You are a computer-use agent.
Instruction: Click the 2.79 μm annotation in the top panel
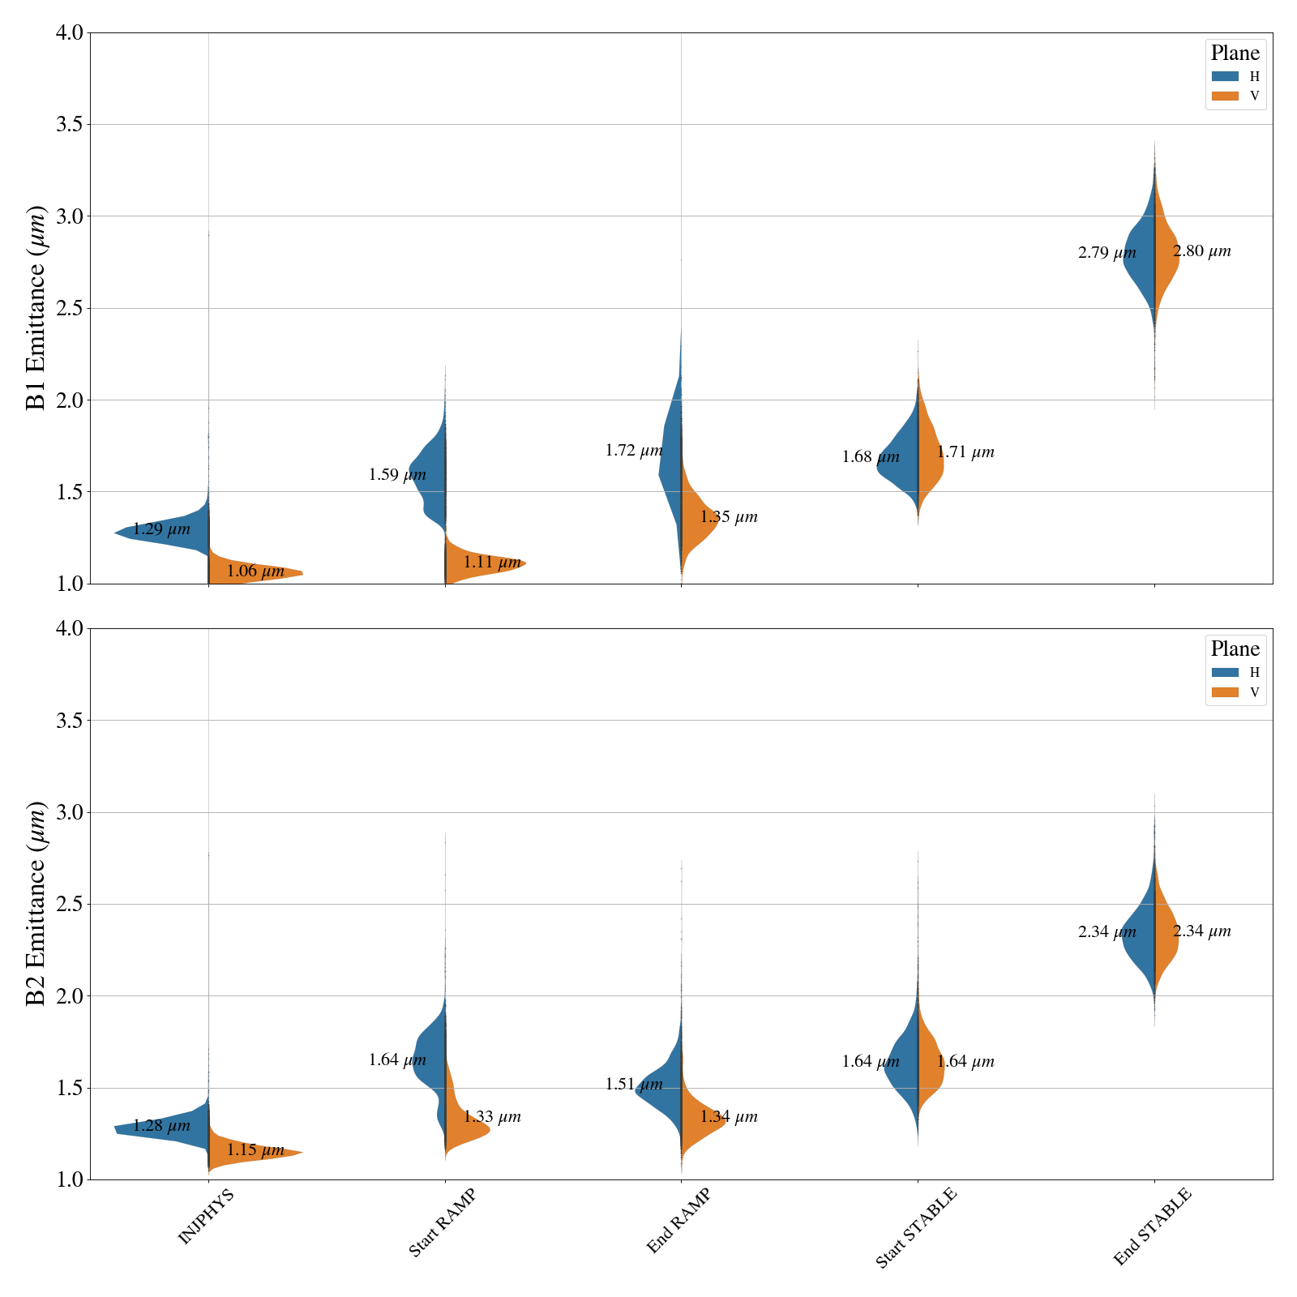point(1107,253)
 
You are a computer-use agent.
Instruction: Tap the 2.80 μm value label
point(1201,251)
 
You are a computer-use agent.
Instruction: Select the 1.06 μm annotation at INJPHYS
point(255,571)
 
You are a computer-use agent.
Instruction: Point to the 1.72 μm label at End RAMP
point(634,451)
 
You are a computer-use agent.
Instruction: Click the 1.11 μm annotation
point(491,562)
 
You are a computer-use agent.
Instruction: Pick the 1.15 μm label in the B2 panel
point(255,1150)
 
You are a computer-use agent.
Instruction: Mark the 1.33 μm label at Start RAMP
point(491,1117)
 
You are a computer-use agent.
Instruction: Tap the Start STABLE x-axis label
point(916,1227)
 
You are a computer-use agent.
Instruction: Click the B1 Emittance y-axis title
point(36,308)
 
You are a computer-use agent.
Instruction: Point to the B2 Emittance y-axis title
point(36,904)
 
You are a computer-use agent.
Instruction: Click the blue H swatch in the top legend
point(1225,76)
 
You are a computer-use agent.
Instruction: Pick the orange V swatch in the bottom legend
point(1225,692)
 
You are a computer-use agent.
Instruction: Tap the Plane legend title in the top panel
point(1235,54)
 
